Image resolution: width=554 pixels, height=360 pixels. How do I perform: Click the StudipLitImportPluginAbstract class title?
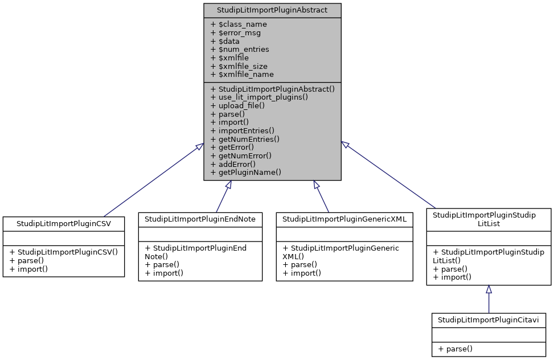(272, 10)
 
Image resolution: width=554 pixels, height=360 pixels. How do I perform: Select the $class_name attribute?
(239, 24)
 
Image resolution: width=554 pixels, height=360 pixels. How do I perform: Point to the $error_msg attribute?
(236, 32)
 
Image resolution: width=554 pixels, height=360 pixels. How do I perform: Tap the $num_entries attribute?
(240, 49)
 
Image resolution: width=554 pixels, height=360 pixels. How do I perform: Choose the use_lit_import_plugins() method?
(259, 97)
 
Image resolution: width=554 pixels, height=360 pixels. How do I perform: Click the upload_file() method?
(239, 105)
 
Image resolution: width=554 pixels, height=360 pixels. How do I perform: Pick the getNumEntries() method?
(245, 138)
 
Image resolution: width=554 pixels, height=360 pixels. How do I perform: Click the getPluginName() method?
(246, 171)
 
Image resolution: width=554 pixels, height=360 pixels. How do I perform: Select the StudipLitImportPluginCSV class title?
(63, 223)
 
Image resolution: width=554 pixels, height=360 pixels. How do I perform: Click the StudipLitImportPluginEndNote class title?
(200, 219)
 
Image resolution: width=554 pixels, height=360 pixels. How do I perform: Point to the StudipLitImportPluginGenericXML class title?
(344, 219)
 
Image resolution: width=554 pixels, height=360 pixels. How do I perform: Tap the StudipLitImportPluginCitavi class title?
(489, 320)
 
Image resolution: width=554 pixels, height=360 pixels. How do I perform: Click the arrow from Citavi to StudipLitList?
(489, 299)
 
